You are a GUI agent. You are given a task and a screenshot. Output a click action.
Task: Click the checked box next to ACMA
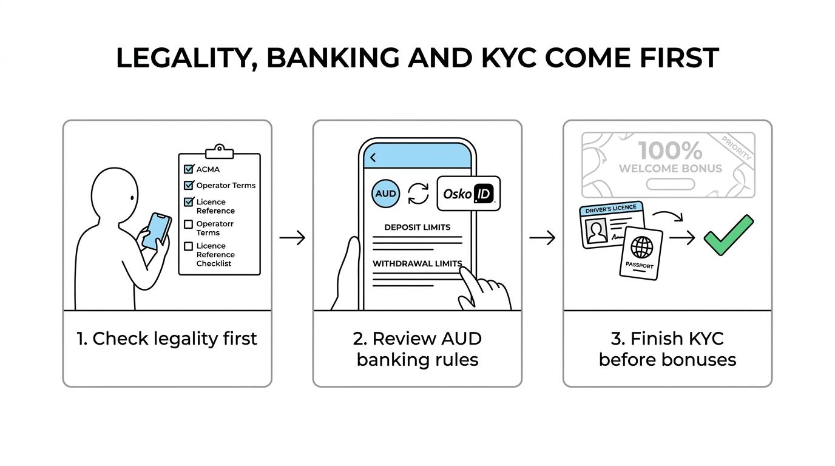189,169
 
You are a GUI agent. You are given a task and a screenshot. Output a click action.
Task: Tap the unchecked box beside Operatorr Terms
189,224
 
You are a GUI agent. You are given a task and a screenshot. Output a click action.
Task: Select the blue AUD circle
385,194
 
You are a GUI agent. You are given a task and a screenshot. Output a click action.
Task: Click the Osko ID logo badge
468,194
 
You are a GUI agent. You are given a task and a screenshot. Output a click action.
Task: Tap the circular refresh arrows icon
418,194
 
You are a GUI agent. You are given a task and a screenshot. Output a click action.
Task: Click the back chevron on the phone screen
373,158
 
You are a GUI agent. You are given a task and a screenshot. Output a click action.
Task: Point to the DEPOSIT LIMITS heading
417,227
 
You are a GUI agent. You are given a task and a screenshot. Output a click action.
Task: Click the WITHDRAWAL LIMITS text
417,263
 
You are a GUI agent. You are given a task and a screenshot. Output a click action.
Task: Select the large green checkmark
728,235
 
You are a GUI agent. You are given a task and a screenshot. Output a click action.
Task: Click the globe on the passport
641,247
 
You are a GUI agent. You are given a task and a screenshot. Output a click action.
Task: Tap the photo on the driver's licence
597,231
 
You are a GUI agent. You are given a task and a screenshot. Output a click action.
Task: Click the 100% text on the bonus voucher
670,150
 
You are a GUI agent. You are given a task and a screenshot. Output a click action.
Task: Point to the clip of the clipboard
220,151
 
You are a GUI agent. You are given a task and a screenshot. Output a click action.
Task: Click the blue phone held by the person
157,232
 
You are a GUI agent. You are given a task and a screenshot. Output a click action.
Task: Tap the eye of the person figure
132,198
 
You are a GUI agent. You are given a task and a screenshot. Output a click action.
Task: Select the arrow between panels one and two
292,237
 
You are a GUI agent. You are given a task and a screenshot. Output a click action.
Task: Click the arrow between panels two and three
543,237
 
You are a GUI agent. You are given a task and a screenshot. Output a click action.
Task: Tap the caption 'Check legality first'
167,339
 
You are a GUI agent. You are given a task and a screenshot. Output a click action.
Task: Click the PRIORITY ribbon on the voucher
736,148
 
